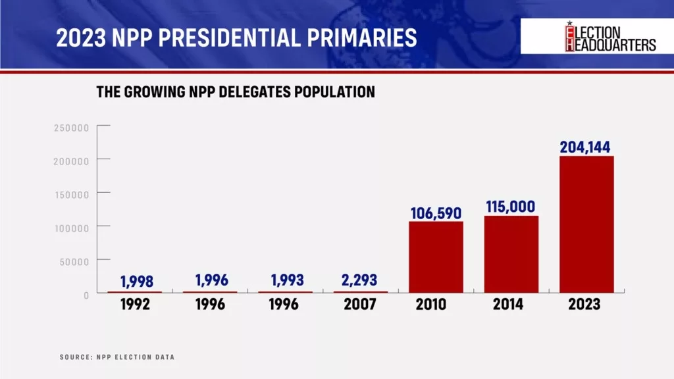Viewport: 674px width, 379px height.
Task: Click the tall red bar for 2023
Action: (586, 224)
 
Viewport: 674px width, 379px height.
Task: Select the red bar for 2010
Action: (436, 257)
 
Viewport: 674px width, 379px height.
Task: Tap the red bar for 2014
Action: (511, 254)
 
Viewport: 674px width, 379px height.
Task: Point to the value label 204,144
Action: (586, 147)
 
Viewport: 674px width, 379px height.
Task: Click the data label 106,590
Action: (435, 213)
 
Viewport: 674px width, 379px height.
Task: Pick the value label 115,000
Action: (511, 207)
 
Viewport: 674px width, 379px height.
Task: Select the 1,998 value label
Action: (137, 282)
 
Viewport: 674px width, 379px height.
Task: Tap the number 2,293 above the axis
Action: (360, 280)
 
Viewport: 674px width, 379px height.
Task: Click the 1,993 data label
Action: (285, 281)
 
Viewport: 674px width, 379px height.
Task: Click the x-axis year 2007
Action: (360, 305)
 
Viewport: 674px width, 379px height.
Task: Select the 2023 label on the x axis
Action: (586, 305)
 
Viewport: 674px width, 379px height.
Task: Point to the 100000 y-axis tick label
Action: (71, 228)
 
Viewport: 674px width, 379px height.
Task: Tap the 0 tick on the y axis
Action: (86, 295)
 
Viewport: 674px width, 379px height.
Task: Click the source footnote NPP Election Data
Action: (117, 357)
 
